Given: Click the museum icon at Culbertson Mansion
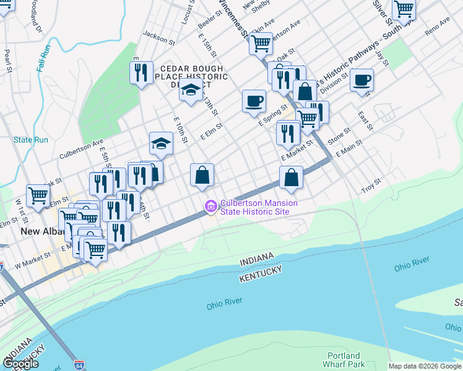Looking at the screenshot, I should coord(210,205).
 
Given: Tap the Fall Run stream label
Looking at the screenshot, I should coord(43,58).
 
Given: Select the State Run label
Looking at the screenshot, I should coord(31,140).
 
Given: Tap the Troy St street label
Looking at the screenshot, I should coord(371,185).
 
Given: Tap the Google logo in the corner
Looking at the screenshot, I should coord(20,364).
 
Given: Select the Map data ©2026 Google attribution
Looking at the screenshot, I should coord(425,366).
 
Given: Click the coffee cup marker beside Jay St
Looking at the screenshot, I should coord(361,80).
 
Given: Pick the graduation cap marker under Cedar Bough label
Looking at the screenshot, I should coord(191,90).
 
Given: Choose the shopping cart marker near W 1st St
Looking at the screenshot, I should coord(38,195).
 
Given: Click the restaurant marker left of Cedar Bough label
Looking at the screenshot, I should coord(142,72).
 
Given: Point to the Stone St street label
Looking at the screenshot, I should coord(339,134).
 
